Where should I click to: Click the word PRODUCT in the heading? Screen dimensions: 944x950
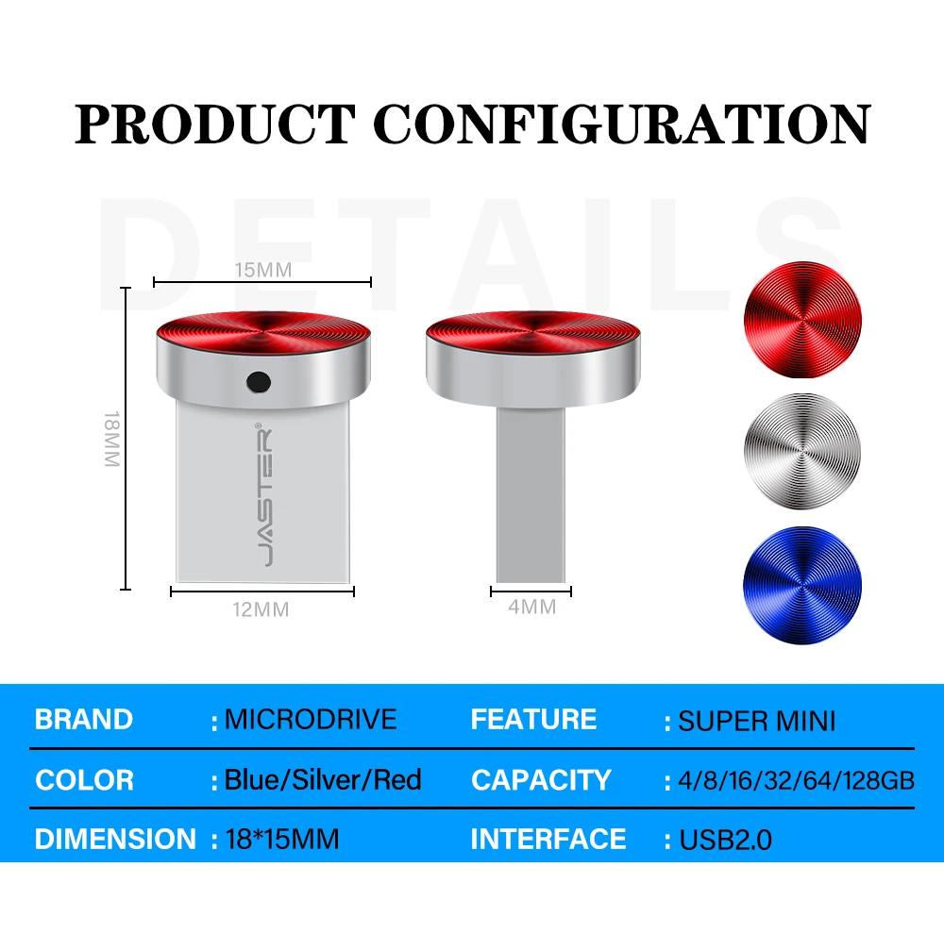(214, 124)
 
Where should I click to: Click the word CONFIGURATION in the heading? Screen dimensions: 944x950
(622, 124)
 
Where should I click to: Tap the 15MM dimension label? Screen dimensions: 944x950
(263, 270)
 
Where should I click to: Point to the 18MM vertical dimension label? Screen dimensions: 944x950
(112, 439)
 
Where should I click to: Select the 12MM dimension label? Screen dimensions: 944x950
(261, 608)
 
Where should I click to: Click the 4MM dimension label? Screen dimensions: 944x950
(532, 607)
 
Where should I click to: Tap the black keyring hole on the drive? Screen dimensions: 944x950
(259, 382)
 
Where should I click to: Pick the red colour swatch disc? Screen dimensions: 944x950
(802, 320)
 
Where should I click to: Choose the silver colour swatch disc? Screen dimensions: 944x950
(802, 451)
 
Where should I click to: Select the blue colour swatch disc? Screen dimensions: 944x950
(802, 585)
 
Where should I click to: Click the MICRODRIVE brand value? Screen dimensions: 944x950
(311, 720)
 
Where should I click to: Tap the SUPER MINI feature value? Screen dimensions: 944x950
(757, 721)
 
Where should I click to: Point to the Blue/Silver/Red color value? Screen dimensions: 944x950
(323, 780)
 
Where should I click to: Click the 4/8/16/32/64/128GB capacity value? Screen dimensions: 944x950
(796, 781)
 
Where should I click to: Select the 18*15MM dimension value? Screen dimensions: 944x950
(282, 839)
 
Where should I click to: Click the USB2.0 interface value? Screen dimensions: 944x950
(725, 840)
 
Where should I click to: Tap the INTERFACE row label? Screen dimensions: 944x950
(548, 839)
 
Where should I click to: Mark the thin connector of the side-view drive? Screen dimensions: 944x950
(531, 493)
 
